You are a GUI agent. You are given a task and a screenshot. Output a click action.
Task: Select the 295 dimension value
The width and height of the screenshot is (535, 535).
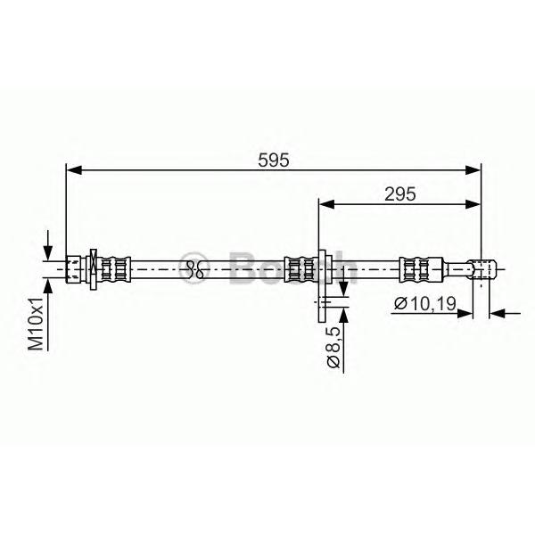(400, 193)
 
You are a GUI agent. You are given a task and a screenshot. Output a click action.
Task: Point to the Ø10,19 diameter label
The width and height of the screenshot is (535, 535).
(424, 304)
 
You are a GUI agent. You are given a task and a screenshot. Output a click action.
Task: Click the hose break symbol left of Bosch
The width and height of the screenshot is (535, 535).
(196, 265)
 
